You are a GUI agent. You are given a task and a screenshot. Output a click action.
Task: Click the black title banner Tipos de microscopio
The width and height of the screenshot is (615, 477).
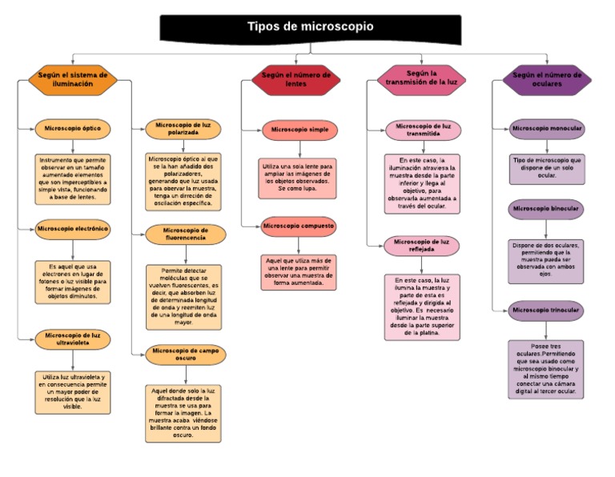pyautogui.click(x=311, y=27)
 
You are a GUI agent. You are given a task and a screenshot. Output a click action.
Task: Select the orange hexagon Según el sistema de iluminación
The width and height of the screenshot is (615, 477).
pyautogui.click(x=73, y=78)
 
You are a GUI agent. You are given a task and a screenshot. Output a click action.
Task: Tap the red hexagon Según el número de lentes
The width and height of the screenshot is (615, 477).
pyautogui.click(x=296, y=78)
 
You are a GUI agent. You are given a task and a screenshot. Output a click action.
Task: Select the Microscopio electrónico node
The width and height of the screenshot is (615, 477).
pyautogui.click(x=72, y=229)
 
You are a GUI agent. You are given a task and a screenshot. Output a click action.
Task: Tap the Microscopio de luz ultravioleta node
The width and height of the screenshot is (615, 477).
pyautogui.click(x=73, y=339)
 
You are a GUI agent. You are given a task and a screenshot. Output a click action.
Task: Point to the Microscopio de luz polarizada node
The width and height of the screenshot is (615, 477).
pyautogui.click(x=183, y=129)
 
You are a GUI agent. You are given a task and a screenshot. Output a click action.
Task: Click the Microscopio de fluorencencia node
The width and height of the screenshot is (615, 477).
pyautogui.click(x=183, y=233)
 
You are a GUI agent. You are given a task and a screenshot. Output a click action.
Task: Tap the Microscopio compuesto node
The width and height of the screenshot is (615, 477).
pyautogui.click(x=299, y=226)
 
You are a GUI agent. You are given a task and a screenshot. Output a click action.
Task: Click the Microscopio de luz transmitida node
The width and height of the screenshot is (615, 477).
pyautogui.click(x=423, y=130)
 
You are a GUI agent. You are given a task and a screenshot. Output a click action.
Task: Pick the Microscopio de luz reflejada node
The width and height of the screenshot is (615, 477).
pyautogui.click(x=422, y=245)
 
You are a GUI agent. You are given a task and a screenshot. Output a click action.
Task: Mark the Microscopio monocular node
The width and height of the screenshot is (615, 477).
pyautogui.click(x=547, y=128)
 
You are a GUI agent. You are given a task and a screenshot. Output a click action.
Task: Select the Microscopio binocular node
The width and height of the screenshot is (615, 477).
pyautogui.click(x=547, y=209)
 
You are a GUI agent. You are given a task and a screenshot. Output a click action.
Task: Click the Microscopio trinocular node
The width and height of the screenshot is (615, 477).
pyautogui.click(x=546, y=310)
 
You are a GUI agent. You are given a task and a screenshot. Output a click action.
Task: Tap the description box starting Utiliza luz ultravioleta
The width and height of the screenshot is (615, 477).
pyautogui.click(x=73, y=391)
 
